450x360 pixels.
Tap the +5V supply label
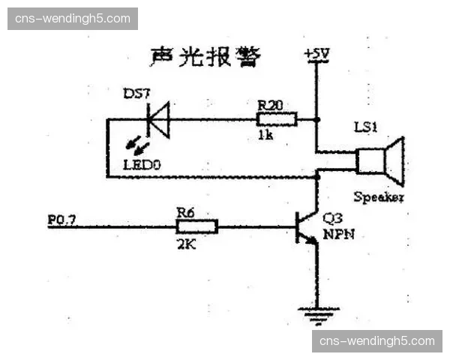[x=317, y=55]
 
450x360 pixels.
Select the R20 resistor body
[x=277, y=119]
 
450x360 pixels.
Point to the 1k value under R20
[x=265, y=136]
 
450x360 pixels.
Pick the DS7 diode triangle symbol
[x=158, y=119]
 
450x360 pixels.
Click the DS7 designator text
[x=137, y=95]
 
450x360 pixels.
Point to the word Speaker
[x=379, y=198]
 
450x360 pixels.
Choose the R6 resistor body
[x=197, y=226]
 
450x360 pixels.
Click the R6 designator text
[x=185, y=211]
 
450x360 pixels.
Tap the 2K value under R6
[x=185, y=244]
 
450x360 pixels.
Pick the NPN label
[x=339, y=234]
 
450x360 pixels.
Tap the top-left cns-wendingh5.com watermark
[x=72, y=18]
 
